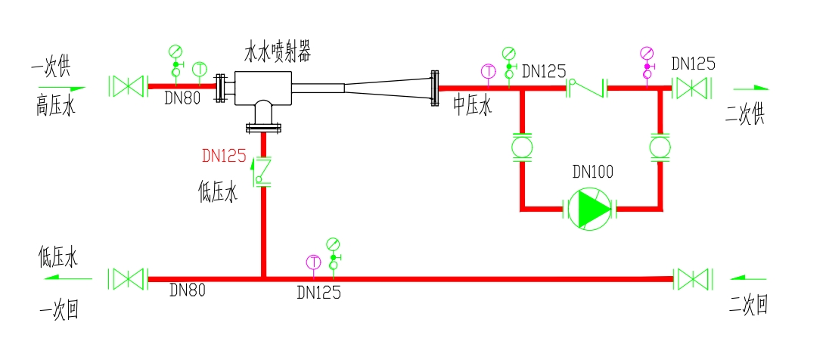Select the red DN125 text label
click(x=224, y=157)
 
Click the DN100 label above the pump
click(x=593, y=172)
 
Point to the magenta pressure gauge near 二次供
click(x=647, y=59)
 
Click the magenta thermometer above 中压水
click(x=488, y=71)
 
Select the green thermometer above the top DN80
click(x=199, y=69)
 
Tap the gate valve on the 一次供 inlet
click(x=127, y=85)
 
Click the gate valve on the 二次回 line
click(x=694, y=279)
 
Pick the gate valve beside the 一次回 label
click(x=127, y=279)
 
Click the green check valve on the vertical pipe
click(x=262, y=170)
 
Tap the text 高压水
click(x=56, y=107)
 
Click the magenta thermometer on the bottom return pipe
click(x=313, y=262)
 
